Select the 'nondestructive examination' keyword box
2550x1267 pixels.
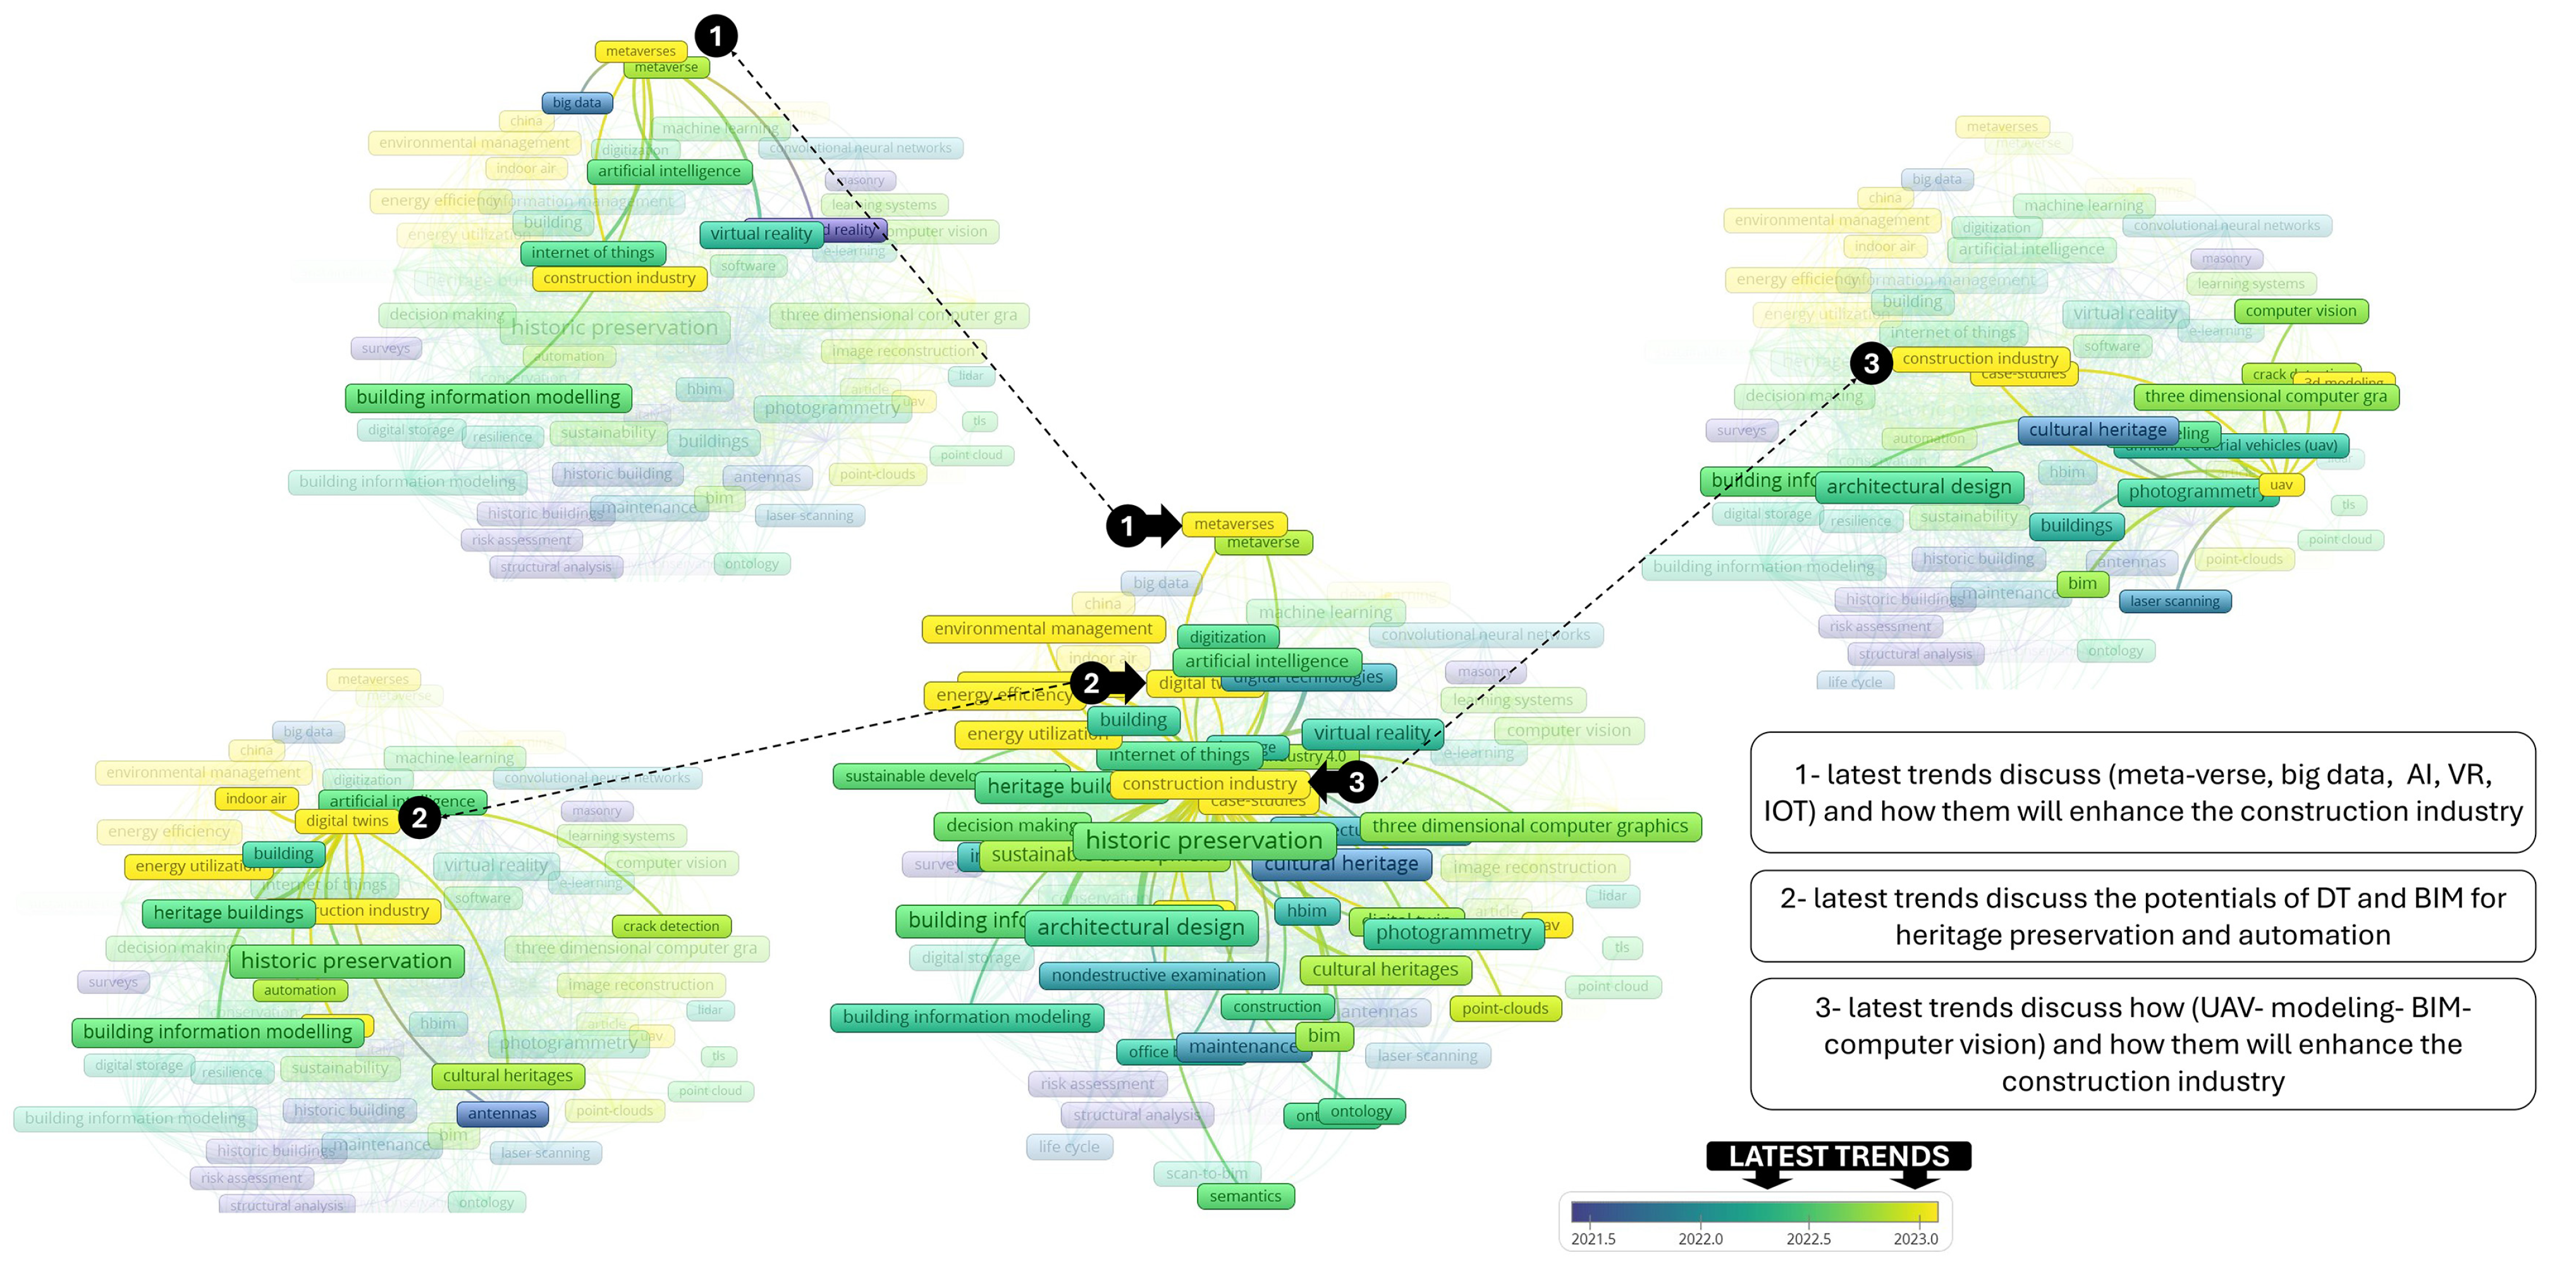(1158, 975)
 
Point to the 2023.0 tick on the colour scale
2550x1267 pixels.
(1915, 1239)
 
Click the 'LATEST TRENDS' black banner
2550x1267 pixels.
(1838, 1156)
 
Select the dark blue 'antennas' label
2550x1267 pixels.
(502, 1113)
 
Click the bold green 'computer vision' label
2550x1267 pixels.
(2300, 311)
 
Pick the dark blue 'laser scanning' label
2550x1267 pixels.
(2175, 601)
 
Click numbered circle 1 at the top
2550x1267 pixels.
(716, 37)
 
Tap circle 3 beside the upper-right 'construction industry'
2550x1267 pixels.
(1871, 364)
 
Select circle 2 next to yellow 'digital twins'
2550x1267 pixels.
(420, 817)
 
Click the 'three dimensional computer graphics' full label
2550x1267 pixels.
(1529, 826)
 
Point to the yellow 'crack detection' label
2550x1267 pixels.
(671, 926)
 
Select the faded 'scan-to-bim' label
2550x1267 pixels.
(1206, 1173)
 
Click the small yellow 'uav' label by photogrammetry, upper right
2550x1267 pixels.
(2281, 485)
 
